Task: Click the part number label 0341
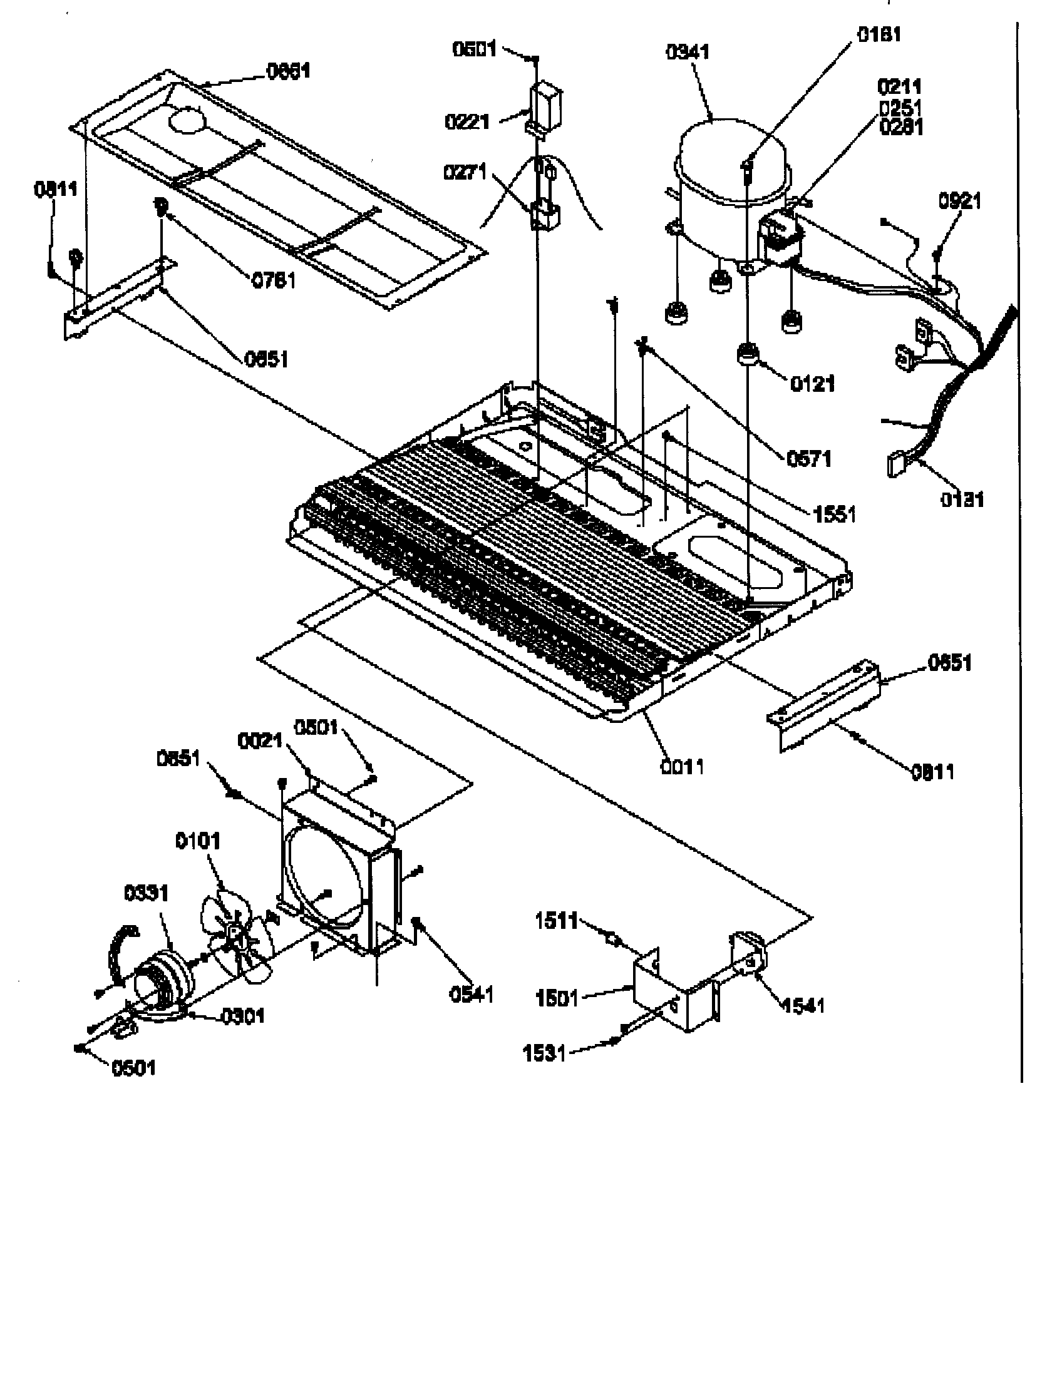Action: [x=688, y=52]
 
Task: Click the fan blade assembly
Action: [x=237, y=933]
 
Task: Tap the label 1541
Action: [x=803, y=1005]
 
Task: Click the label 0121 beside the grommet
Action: [x=812, y=383]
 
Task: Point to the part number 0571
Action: [x=809, y=458]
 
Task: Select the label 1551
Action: [x=834, y=514]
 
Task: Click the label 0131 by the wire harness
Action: [x=962, y=499]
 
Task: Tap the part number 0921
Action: [x=960, y=201]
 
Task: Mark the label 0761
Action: [x=274, y=280]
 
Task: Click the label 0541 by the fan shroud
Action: [x=471, y=995]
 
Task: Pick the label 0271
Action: [x=465, y=171]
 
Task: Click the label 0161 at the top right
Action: [x=879, y=34]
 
